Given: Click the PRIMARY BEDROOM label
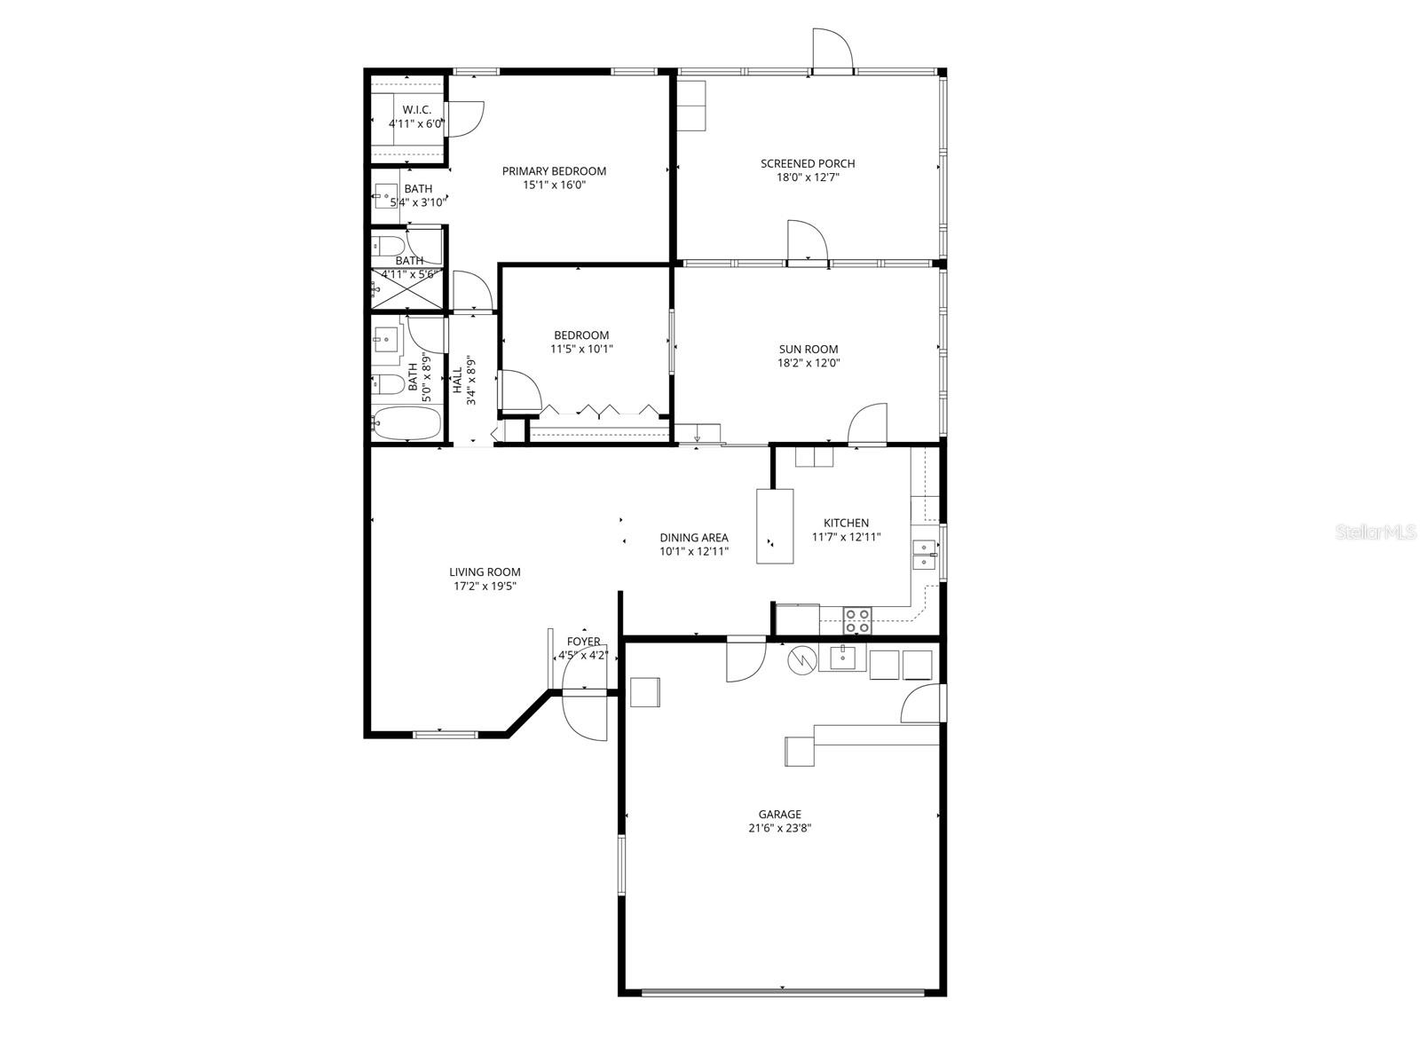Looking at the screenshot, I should coord(554,171).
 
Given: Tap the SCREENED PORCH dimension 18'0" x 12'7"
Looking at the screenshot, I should coord(807,177).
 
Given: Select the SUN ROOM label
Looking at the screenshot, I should coord(808,349).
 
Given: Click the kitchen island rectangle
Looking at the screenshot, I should coord(774,525).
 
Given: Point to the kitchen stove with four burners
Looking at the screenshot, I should coord(856,620).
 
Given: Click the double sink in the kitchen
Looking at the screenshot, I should coord(924,554).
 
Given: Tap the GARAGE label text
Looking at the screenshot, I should coord(779,814).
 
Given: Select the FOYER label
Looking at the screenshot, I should coord(583,642).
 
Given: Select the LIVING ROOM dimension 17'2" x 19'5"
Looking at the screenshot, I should coord(484,587).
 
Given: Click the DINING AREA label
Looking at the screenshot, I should coord(693,537).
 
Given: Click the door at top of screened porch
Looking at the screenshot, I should coord(832,50).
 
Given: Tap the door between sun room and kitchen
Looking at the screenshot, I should coord(868,426).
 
